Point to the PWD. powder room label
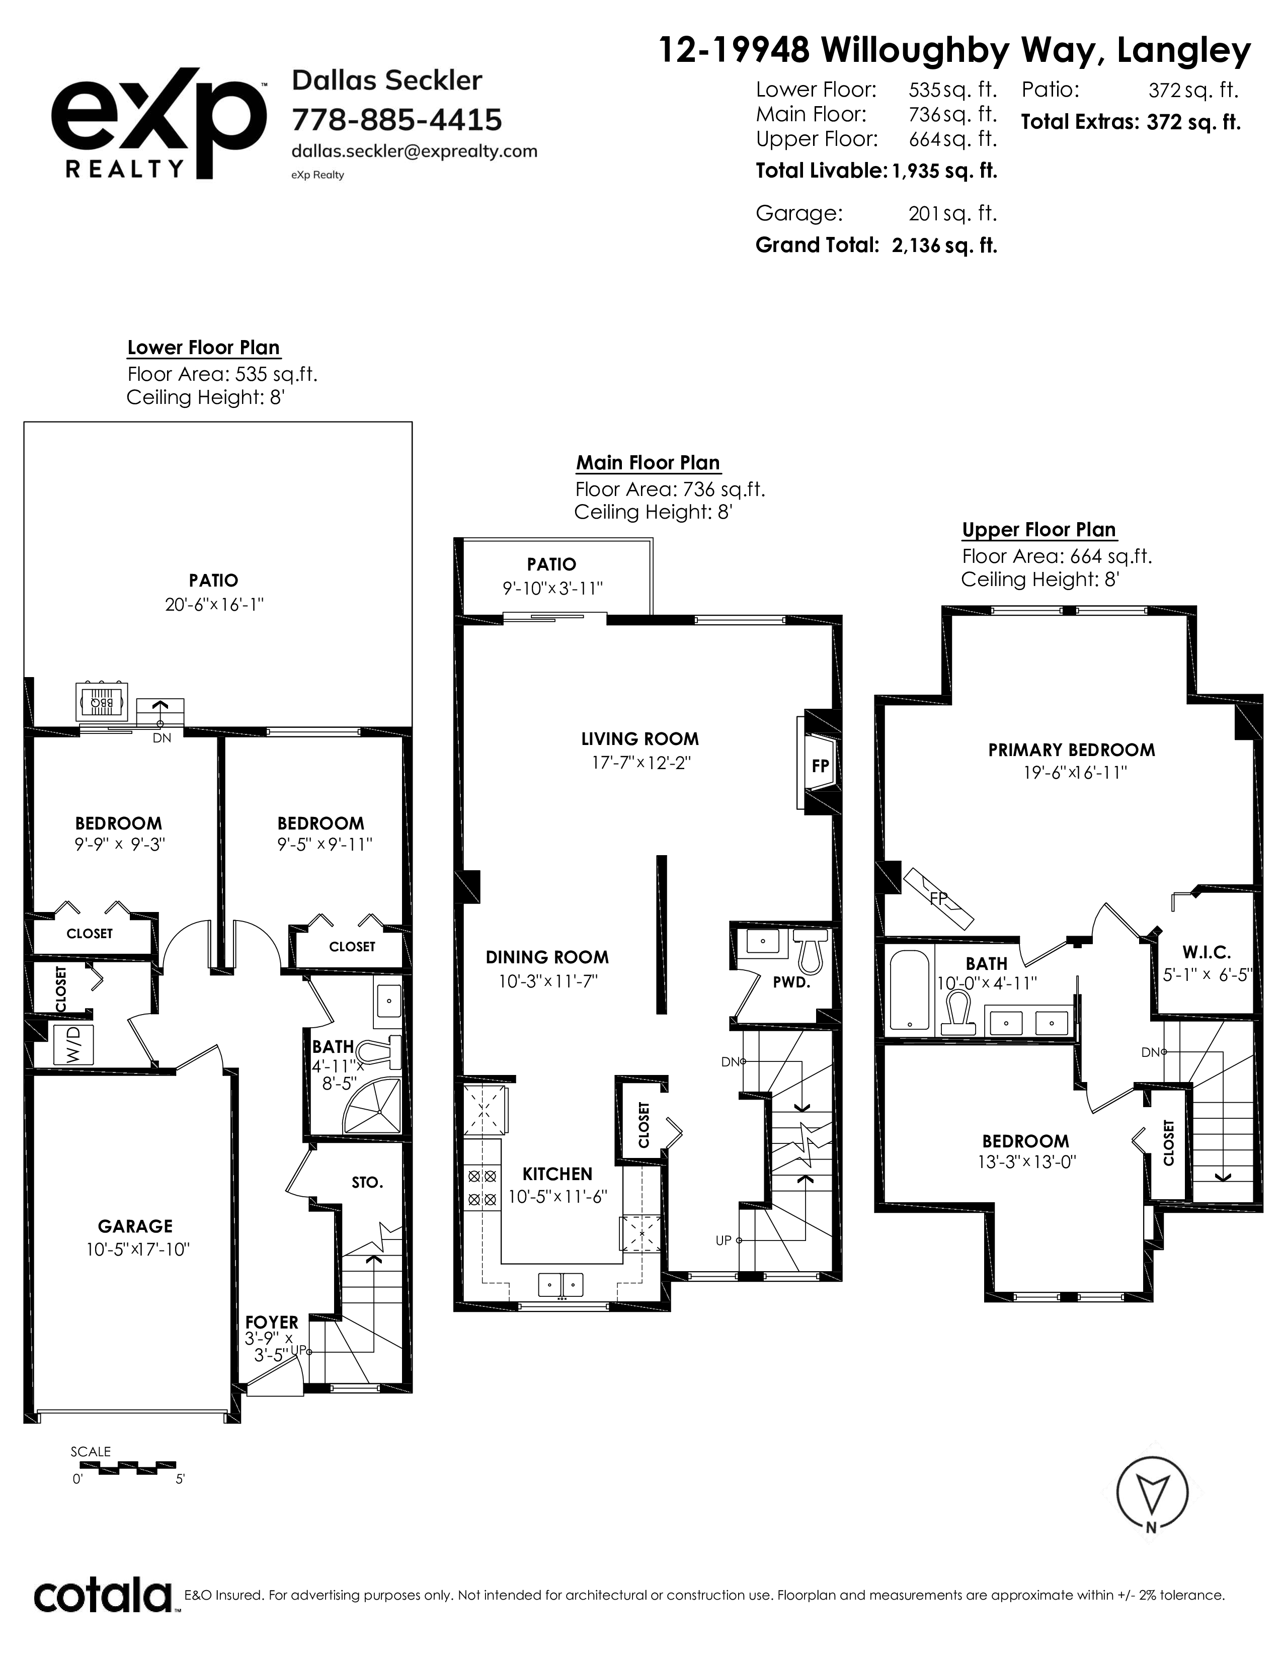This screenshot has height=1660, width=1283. click(x=791, y=981)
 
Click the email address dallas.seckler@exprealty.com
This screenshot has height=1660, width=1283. click(x=414, y=151)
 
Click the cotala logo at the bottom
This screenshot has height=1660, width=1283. click(x=103, y=1596)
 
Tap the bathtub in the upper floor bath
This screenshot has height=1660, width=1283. click(x=909, y=989)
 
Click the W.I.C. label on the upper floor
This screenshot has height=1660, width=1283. click(x=1206, y=952)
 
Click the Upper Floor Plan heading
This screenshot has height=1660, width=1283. click(x=1039, y=530)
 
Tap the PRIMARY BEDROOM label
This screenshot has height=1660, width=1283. click(x=1072, y=750)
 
